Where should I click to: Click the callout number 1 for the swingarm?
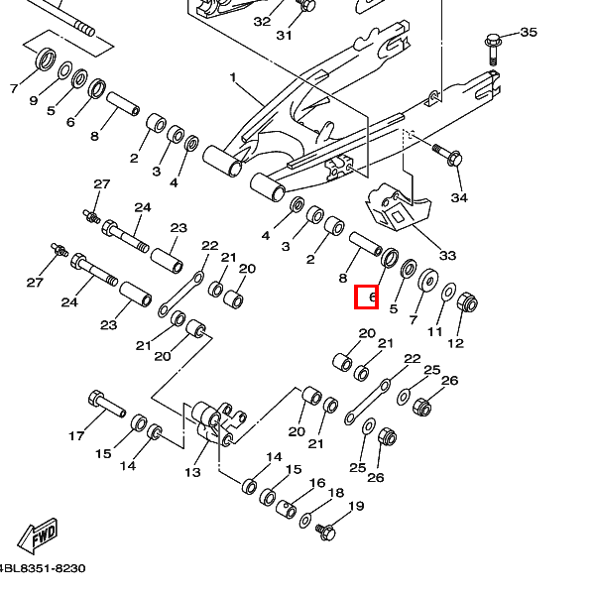point(233,76)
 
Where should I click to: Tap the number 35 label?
point(529,32)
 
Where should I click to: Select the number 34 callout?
point(458,198)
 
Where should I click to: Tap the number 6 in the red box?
point(367,296)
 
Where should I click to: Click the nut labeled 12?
point(466,302)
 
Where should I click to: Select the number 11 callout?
point(435,331)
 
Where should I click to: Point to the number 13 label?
point(192,472)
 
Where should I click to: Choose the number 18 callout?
point(336,493)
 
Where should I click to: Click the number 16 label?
point(317,483)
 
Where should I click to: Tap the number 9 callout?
point(33,100)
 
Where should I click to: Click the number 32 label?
point(262,21)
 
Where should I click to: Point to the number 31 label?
point(285,35)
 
